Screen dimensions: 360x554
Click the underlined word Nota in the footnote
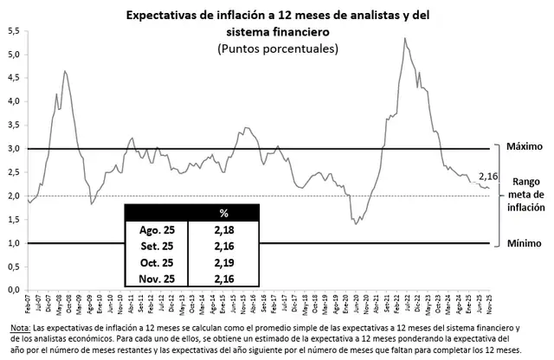click(x=18, y=330)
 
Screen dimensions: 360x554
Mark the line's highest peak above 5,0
click(x=405, y=38)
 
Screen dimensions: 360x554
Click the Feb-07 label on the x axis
click(x=29, y=305)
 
